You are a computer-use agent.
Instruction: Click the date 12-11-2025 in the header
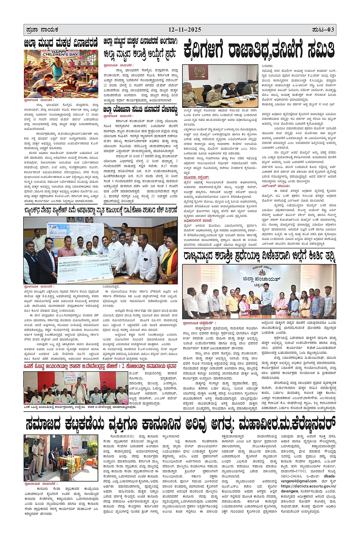point(185,30)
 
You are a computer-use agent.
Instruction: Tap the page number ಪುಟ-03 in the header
point(323,30)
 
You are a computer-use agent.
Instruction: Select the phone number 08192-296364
point(291,476)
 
